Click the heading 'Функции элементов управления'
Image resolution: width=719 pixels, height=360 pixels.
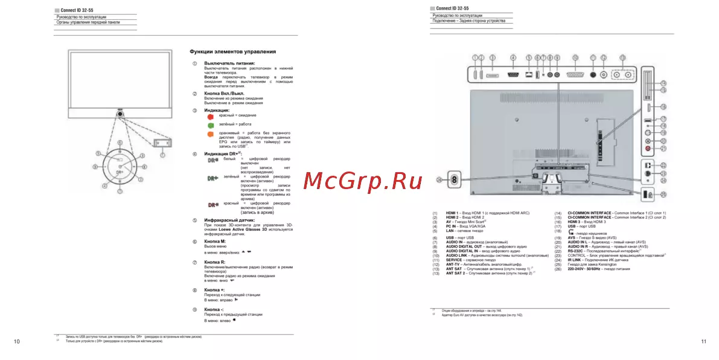232,52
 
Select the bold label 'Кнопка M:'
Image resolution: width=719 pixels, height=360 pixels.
214,242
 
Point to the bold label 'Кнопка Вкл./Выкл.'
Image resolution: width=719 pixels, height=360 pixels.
226,94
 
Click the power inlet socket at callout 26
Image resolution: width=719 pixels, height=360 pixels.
454,179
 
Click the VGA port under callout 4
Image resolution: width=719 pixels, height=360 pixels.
513,74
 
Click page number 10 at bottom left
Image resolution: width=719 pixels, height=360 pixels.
16,342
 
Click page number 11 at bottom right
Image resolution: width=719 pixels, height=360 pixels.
703,342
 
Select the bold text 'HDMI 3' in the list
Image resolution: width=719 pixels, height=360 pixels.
575,222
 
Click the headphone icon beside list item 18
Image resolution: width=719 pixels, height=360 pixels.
571,232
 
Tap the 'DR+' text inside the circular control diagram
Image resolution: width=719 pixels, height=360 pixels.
120,172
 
